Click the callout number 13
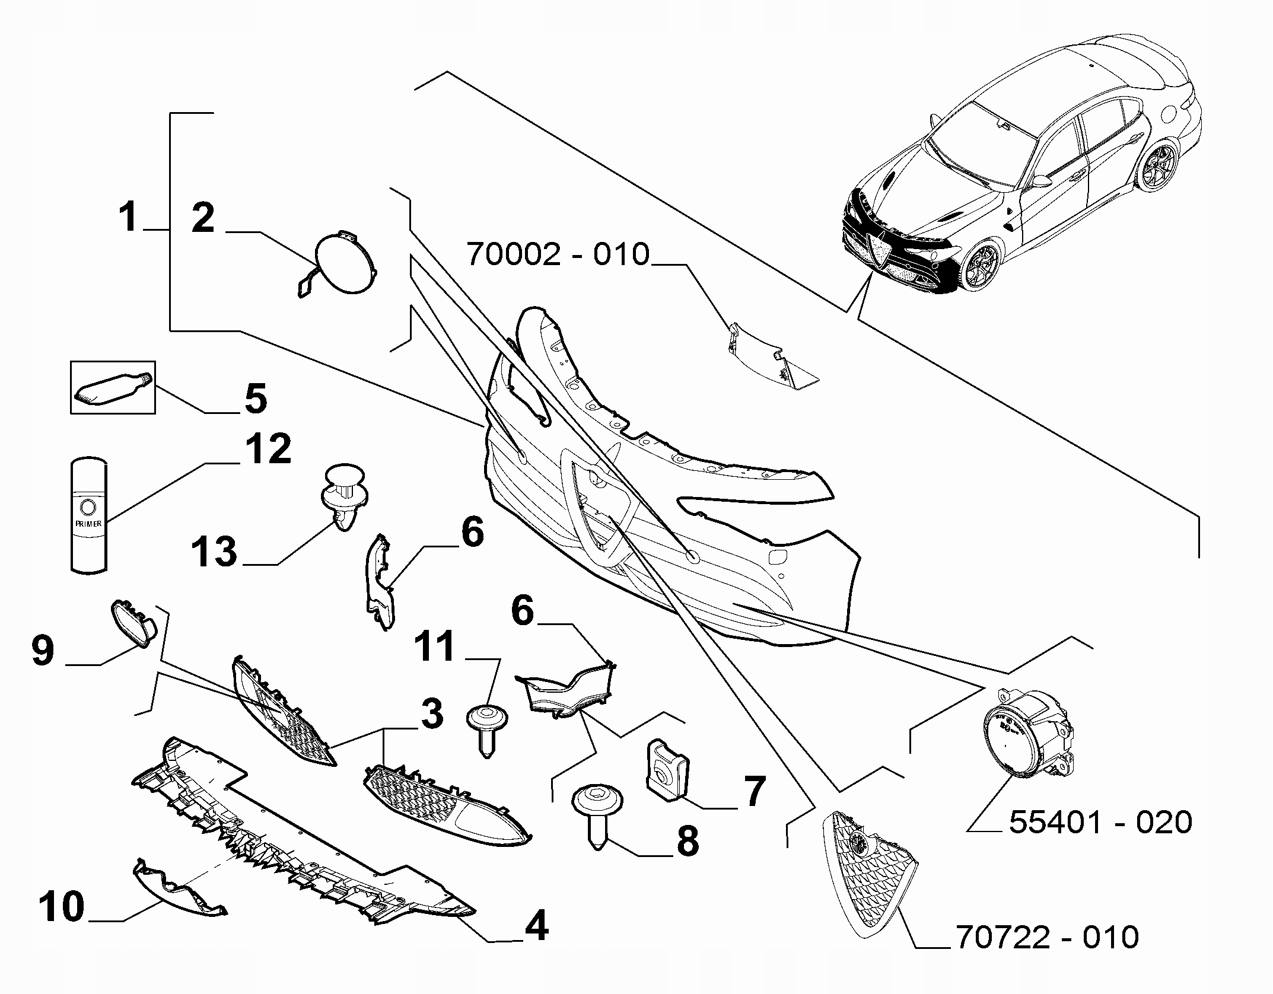pyautogui.click(x=214, y=552)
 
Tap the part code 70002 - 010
pyautogui.click(x=558, y=254)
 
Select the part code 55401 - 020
pyautogui.click(x=1100, y=823)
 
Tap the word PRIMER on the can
pyautogui.click(x=88, y=524)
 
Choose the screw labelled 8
pyautogui.click(x=599, y=811)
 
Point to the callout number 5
pyautogui.click(x=255, y=399)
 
